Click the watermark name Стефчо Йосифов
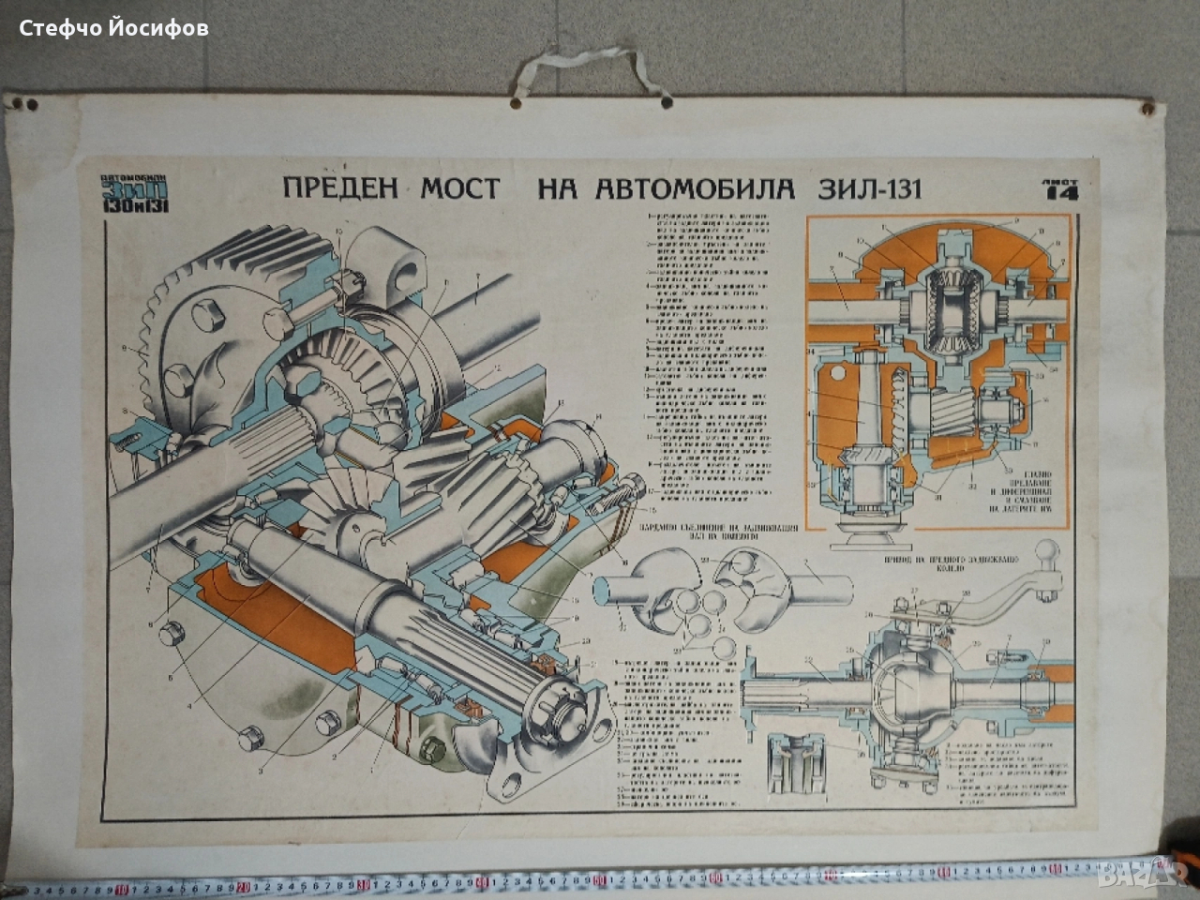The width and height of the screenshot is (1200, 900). [114, 29]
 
